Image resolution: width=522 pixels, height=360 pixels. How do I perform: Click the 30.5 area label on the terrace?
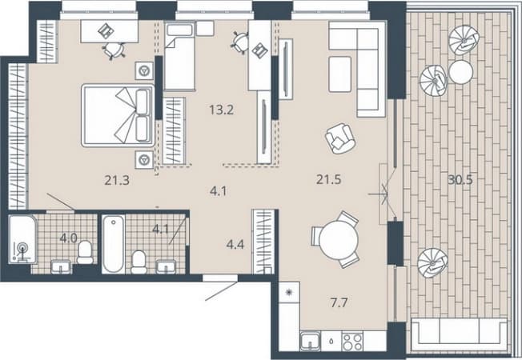460,180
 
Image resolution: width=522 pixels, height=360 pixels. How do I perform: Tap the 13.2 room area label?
222,110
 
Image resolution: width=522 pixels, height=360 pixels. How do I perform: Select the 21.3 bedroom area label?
117,181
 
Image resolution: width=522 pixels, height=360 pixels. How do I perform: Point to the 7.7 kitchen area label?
339,302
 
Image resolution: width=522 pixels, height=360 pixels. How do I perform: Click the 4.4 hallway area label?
235,245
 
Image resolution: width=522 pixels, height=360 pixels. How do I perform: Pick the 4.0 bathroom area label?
69,238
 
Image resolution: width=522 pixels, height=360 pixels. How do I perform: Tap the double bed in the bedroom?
118,115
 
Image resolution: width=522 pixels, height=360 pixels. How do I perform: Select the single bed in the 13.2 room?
180,56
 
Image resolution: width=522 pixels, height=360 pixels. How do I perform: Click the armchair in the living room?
340,138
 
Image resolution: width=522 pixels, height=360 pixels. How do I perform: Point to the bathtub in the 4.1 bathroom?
114,244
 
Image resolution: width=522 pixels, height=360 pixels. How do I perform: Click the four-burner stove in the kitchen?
352,342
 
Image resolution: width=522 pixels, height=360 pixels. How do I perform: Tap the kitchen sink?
311,342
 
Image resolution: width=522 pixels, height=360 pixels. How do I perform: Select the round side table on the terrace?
460,72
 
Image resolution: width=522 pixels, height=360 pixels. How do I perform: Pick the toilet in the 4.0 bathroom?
85,252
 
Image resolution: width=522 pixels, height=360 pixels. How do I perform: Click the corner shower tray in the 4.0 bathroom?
22,239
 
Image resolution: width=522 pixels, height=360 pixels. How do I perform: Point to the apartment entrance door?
221,287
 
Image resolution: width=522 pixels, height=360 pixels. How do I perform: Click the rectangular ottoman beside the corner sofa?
340,74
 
